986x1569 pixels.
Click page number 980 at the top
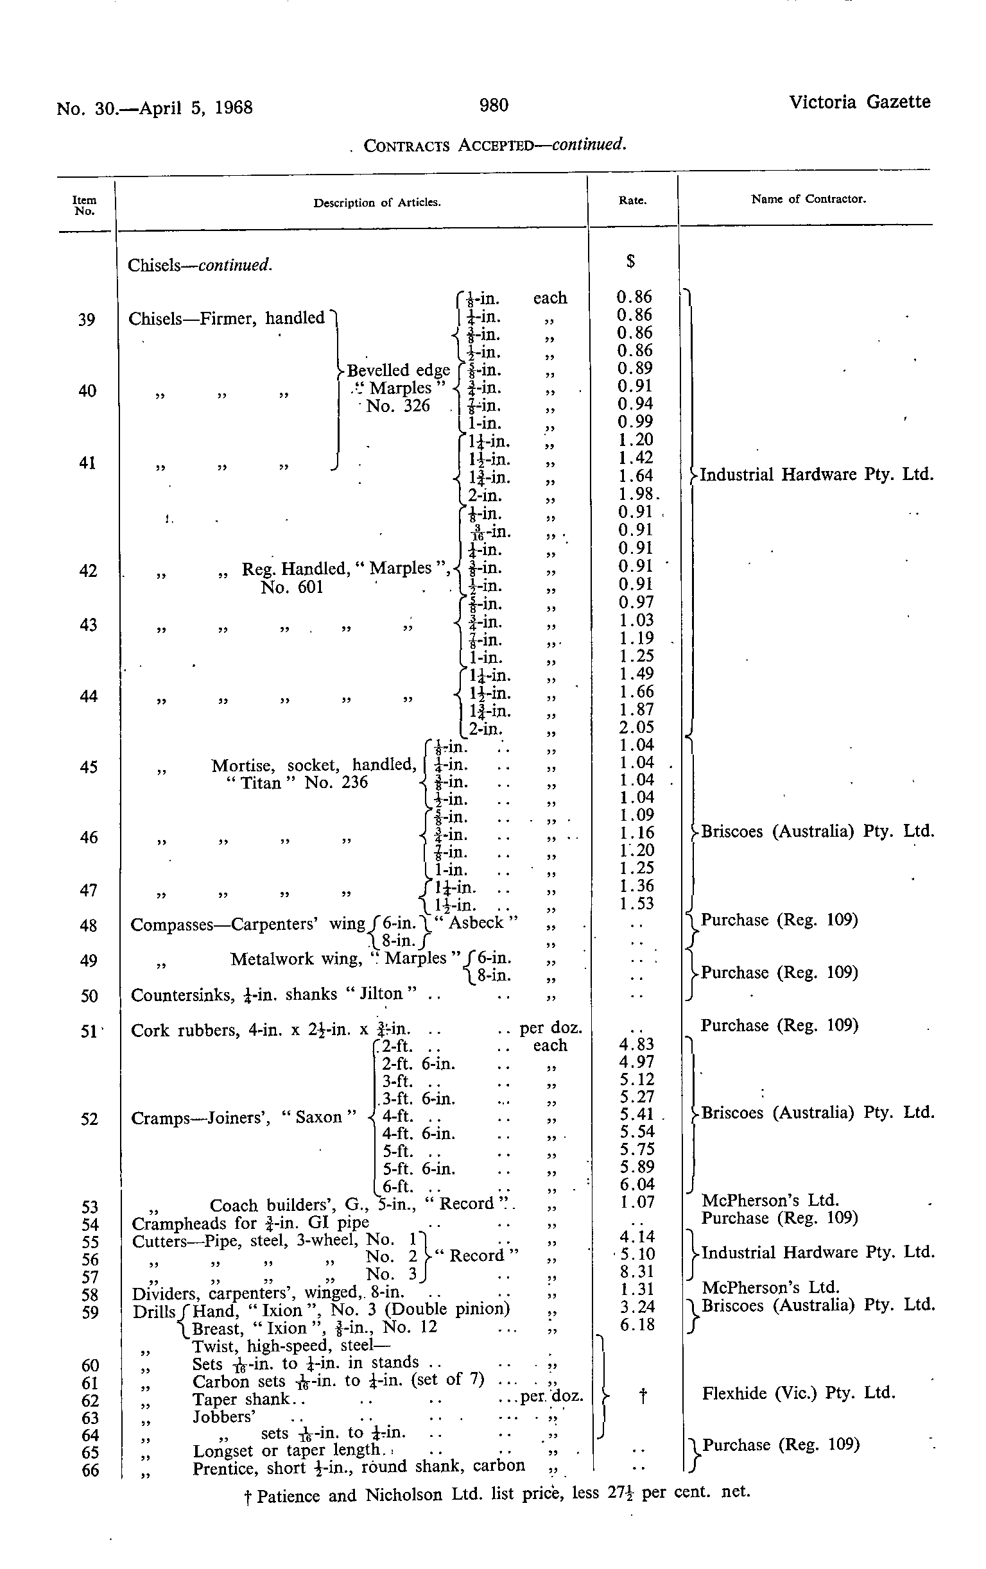point(494,105)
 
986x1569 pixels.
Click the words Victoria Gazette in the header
point(859,102)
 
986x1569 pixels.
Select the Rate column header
point(632,201)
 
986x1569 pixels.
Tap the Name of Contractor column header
point(808,200)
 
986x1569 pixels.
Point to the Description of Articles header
point(377,203)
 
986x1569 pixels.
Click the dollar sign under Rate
point(630,261)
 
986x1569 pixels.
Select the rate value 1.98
point(636,494)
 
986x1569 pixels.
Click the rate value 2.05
point(636,727)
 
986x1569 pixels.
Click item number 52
point(89,1119)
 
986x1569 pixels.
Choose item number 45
point(88,767)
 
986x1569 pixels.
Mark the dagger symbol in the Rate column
point(643,1396)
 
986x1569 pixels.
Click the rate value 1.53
point(636,904)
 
